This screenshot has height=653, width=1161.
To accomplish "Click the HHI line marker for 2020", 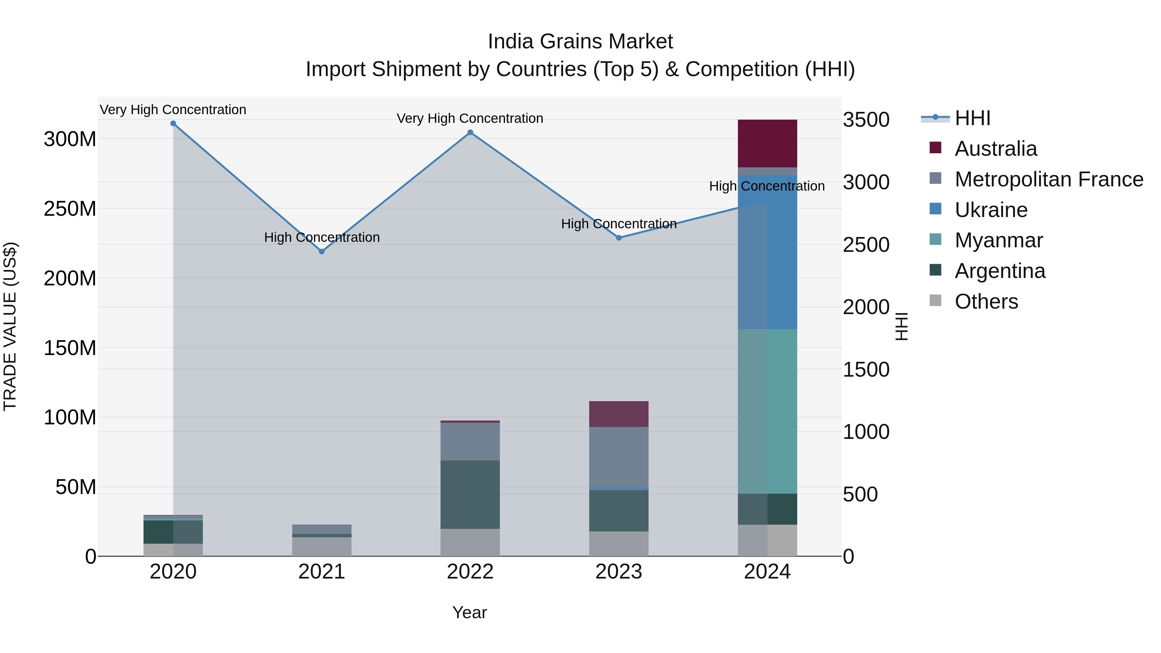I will pyautogui.click(x=173, y=124).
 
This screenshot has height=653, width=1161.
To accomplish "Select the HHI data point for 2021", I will pyautogui.click(x=322, y=252).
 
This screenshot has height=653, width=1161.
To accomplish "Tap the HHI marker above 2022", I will pyautogui.click(x=470, y=133).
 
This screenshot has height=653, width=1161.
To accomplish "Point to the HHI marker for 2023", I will pyautogui.click(x=619, y=237).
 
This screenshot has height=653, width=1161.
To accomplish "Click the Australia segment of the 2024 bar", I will pyautogui.click(x=767, y=143).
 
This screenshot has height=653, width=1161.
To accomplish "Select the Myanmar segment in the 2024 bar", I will pyautogui.click(x=767, y=411).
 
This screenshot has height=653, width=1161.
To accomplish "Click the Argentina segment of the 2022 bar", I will pyautogui.click(x=470, y=494).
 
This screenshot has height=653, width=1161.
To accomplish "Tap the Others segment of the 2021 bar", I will pyautogui.click(x=322, y=546).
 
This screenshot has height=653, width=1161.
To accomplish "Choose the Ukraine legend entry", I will pyautogui.click(x=991, y=210).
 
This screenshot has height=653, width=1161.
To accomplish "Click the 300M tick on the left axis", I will pyautogui.click(x=70, y=139).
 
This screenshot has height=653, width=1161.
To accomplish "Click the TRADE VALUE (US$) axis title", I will pyautogui.click(x=10, y=326).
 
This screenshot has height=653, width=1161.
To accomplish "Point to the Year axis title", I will pyautogui.click(x=470, y=612).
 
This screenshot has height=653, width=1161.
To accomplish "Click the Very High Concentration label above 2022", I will pyautogui.click(x=470, y=119).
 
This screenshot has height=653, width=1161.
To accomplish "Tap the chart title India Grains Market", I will pyautogui.click(x=580, y=42).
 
